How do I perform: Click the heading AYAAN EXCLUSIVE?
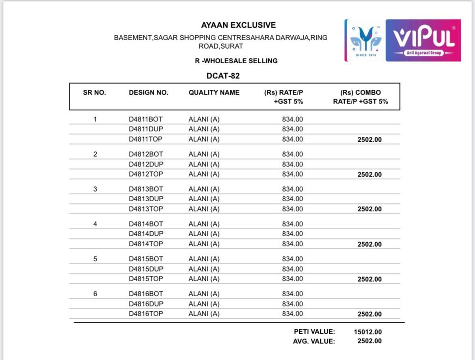(238, 25)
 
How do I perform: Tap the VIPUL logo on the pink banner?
(423, 40)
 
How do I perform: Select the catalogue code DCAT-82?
(223, 76)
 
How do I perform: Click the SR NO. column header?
(94, 93)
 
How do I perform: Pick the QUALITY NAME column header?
(214, 93)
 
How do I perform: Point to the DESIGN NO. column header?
(149, 93)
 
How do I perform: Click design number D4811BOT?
(146, 119)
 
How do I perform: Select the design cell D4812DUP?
(146, 164)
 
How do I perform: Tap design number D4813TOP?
(146, 209)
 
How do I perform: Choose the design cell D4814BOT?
(146, 224)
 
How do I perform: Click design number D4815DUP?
(146, 269)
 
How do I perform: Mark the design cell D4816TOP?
(146, 314)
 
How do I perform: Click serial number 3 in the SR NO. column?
(95, 189)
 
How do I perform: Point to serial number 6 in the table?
(95, 294)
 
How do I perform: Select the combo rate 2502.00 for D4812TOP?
(369, 175)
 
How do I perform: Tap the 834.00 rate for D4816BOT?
(292, 294)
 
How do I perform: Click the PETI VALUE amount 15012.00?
(367, 332)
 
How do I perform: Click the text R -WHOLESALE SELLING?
(236, 61)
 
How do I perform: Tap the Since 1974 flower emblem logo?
(365, 40)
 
